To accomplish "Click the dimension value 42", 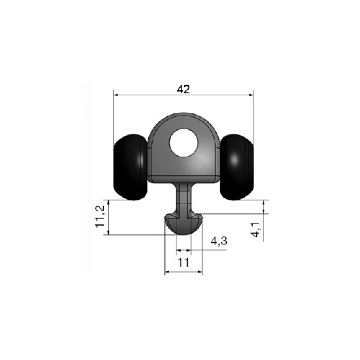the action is pos(184,89).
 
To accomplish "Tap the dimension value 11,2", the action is pos(100,216).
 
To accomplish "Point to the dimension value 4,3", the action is pos(219,241).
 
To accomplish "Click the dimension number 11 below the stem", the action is pos(184,262).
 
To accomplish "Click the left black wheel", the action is pos(130,167).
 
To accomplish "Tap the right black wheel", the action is pos(237,167).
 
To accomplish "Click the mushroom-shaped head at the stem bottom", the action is pos(184,224).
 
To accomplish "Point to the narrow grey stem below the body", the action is pos(184,197).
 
